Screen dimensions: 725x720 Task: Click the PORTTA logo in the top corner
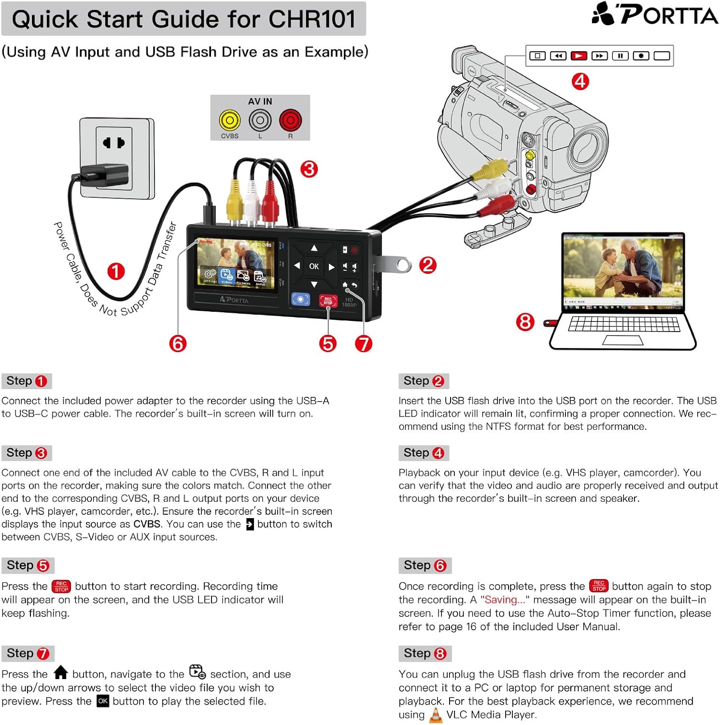(x=654, y=14)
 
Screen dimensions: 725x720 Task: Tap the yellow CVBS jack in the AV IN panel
(x=229, y=120)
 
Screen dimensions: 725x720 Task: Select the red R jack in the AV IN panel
(x=290, y=120)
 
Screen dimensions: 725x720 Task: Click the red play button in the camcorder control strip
(x=579, y=56)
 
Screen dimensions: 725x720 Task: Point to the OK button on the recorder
(x=314, y=266)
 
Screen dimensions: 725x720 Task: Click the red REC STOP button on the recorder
(x=328, y=301)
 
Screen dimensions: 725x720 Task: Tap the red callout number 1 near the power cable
(x=116, y=272)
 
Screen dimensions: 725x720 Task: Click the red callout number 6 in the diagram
(x=178, y=344)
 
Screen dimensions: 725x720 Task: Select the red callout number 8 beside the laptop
(x=525, y=322)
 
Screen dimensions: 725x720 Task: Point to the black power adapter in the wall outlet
(x=104, y=175)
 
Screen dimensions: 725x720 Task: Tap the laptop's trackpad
(x=622, y=340)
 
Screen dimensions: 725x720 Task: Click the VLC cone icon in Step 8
(x=436, y=715)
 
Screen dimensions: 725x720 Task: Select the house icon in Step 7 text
(x=61, y=673)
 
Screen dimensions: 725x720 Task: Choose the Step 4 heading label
(x=424, y=453)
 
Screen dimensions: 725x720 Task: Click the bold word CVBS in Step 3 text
(x=147, y=524)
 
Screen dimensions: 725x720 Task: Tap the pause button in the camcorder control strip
(x=620, y=56)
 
